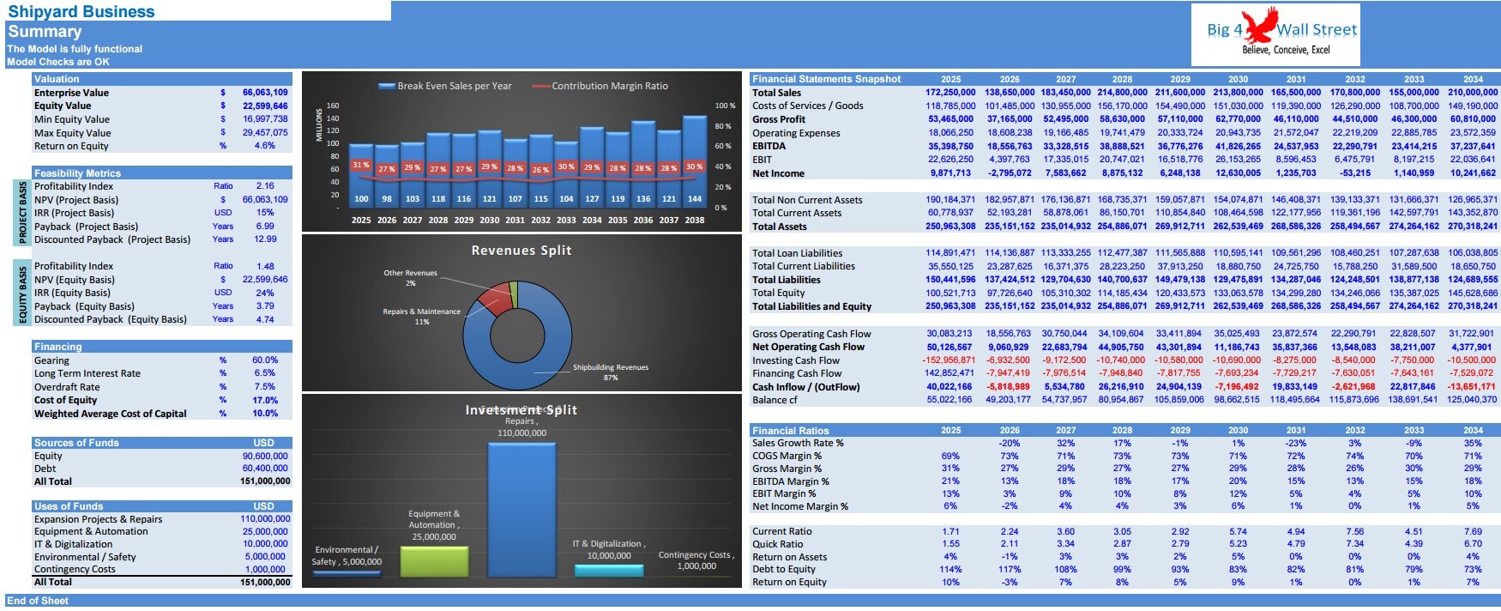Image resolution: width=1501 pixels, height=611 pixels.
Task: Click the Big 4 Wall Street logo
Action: point(1275,33)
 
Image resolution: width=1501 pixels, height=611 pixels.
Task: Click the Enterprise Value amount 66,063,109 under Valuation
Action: point(264,93)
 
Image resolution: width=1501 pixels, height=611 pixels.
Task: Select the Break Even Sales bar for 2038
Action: point(695,159)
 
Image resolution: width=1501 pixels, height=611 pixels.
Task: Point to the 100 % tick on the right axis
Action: point(725,106)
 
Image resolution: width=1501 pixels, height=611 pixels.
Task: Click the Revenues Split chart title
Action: point(521,251)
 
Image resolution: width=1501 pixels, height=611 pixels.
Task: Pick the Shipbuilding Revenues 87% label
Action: point(610,372)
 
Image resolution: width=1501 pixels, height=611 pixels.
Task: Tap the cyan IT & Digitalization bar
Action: point(608,570)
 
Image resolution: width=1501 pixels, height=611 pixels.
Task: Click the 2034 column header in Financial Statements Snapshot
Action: point(1473,79)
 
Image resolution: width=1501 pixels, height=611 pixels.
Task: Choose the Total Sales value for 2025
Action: point(950,93)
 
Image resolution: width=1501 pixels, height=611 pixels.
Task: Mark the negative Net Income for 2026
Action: point(1009,173)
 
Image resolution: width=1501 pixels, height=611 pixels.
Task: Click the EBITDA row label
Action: point(769,146)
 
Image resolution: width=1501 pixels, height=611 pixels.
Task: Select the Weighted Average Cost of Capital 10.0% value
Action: point(265,414)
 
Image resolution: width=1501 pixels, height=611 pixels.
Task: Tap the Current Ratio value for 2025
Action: point(950,531)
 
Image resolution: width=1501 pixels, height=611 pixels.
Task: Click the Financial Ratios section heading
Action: point(790,431)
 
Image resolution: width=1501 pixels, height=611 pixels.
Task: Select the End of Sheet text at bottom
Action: point(38,601)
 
